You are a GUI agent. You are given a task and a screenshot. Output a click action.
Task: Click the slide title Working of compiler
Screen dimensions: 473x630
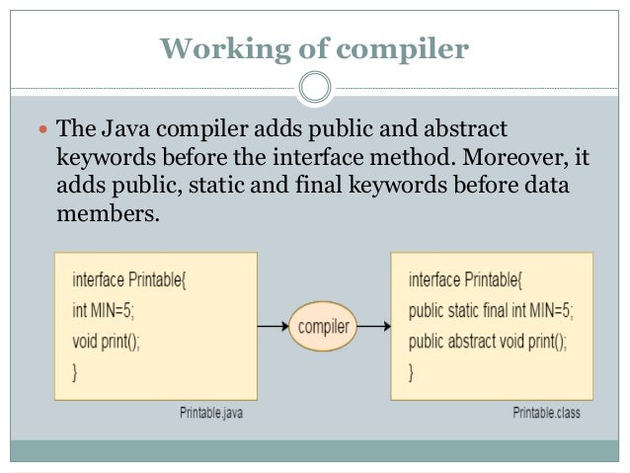click(x=314, y=48)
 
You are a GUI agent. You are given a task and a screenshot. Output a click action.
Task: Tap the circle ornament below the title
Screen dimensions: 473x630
click(x=314, y=88)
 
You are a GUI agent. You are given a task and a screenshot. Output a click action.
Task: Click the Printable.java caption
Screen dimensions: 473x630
click(x=211, y=413)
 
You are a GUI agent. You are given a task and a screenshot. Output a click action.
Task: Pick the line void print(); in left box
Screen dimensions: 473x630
click(x=107, y=343)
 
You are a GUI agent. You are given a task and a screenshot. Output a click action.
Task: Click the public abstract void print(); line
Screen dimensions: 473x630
click(x=487, y=343)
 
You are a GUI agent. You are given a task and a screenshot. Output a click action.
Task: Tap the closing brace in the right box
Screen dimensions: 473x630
click(x=412, y=373)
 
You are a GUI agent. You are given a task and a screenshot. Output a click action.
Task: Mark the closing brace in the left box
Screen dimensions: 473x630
click(x=75, y=373)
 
